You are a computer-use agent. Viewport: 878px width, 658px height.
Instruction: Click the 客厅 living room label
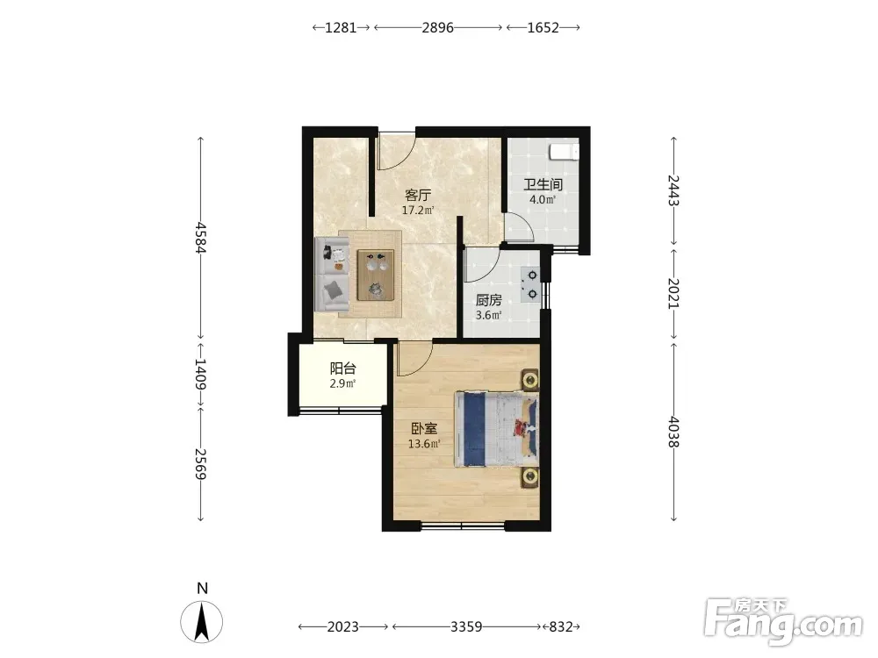click(x=418, y=196)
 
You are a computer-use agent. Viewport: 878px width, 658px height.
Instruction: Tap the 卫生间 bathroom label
click(x=543, y=184)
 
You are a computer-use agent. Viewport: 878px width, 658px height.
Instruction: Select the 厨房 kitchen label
click(x=488, y=300)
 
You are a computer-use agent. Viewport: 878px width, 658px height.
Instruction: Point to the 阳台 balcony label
click(x=342, y=368)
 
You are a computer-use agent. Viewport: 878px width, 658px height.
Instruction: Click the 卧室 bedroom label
click(x=424, y=429)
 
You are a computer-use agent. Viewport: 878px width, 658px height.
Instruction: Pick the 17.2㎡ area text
click(x=418, y=211)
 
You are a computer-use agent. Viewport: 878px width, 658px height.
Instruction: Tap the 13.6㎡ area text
click(x=424, y=444)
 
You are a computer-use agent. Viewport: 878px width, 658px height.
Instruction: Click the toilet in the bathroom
click(x=564, y=152)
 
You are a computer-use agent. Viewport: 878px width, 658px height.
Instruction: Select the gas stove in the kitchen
click(x=529, y=284)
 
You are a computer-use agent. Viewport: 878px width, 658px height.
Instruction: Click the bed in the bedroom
click(x=497, y=429)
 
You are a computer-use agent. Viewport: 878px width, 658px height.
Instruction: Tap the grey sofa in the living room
click(x=332, y=274)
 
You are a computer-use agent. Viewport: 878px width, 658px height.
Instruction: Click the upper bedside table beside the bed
click(x=529, y=380)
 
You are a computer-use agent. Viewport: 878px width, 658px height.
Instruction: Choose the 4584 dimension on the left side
click(x=200, y=238)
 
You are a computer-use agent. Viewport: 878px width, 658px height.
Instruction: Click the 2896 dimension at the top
click(x=437, y=27)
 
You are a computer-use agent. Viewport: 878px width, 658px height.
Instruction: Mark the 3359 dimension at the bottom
click(x=466, y=626)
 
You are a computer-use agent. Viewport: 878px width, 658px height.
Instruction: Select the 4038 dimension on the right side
click(x=673, y=432)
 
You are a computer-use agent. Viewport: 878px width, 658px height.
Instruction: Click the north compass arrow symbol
click(x=202, y=621)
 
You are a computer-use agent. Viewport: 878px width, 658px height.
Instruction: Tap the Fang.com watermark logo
click(x=783, y=622)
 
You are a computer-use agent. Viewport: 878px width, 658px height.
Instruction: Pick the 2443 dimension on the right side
click(x=673, y=190)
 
